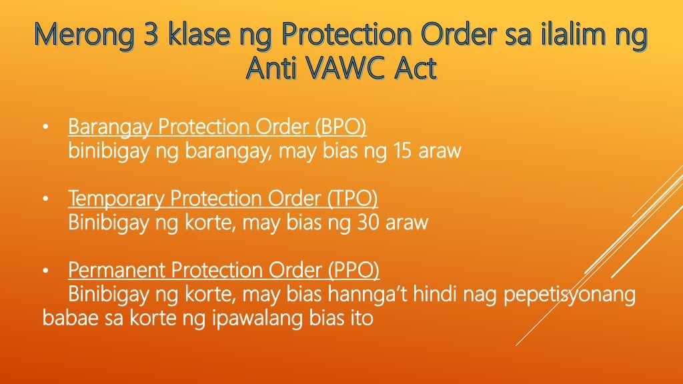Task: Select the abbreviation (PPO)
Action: pos(353,271)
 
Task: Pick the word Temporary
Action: pos(116,199)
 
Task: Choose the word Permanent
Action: pos(117,271)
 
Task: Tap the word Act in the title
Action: pos(414,68)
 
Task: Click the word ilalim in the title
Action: pos(565,37)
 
